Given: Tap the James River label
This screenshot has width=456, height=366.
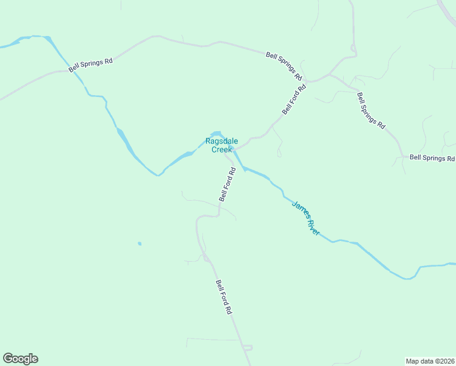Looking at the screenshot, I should pyautogui.click(x=305, y=218).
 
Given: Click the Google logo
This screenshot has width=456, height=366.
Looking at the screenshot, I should pyautogui.click(x=20, y=359).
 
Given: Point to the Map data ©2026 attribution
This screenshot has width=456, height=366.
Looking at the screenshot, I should pyautogui.click(x=430, y=361).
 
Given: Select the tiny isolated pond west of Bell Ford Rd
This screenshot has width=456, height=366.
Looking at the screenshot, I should pyautogui.click(x=140, y=244).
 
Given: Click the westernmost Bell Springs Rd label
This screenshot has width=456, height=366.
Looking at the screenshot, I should pyautogui.click(x=91, y=65).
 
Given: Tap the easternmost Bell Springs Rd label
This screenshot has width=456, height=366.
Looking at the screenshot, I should pyautogui.click(x=432, y=157).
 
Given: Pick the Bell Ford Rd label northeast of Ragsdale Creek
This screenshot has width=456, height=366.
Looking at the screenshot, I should pyautogui.click(x=294, y=99).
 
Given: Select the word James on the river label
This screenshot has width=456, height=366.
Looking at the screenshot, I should pyautogui.click(x=299, y=210).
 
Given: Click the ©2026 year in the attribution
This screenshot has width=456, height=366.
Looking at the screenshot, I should pyautogui.click(x=443, y=361).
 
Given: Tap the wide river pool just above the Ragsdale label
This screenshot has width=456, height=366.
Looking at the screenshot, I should pyautogui.click(x=215, y=134).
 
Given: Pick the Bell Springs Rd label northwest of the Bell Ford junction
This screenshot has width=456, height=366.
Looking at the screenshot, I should pyautogui.click(x=284, y=66).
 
